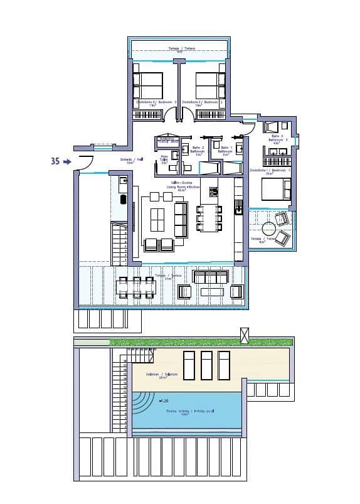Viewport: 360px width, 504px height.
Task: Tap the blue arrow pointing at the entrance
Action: pos(68,161)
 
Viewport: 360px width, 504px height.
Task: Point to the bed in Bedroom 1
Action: pos(276,189)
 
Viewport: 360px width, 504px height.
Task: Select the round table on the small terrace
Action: pos(270,228)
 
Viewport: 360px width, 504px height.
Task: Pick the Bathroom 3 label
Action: pos(278,139)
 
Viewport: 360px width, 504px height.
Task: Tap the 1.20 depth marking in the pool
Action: pos(165,400)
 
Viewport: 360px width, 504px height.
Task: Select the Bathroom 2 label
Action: pos(198,151)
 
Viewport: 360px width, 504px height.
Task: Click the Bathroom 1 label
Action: pos(226,151)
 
